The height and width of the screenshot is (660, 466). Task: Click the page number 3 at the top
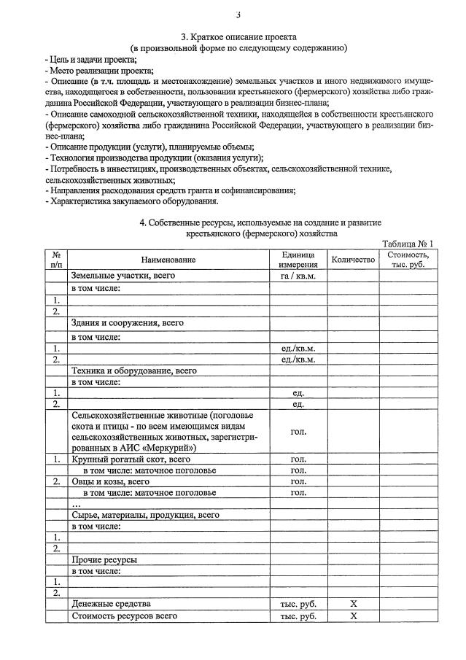(x=238, y=15)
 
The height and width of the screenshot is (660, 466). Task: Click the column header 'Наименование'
(x=169, y=260)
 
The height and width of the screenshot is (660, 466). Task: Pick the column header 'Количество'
(x=352, y=260)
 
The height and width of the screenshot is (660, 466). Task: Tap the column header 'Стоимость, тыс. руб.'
(x=408, y=260)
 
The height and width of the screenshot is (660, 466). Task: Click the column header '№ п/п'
(x=56, y=260)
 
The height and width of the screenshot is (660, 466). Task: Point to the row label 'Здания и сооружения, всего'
(x=127, y=322)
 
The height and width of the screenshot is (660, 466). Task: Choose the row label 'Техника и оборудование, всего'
(x=134, y=370)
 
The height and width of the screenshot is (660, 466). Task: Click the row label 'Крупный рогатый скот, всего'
(x=131, y=459)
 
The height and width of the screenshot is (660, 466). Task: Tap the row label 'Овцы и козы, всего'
(x=110, y=481)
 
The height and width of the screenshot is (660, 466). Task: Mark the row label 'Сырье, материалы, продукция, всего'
(x=145, y=514)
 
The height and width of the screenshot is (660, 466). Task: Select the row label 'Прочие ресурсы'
(x=104, y=559)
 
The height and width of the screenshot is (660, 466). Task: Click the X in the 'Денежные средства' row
(x=353, y=604)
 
